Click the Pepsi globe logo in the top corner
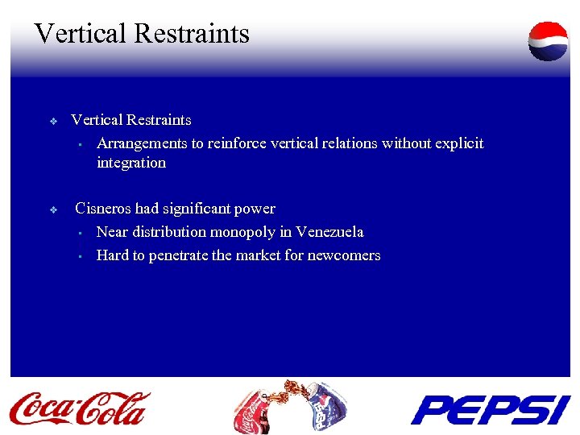(x=548, y=41)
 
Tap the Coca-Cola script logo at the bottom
(x=80, y=408)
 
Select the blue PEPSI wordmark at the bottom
(x=490, y=409)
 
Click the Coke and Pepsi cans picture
(x=289, y=407)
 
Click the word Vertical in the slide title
(x=80, y=34)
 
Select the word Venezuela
(x=329, y=232)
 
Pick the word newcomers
(x=344, y=255)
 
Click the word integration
(x=131, y=163)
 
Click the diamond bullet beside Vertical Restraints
(x=53, y=122)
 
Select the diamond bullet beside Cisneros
(x=53, y=210)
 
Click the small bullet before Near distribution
(x=81, y=234)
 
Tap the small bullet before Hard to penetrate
(x=81, y=257)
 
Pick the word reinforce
(x=238, y=143)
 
